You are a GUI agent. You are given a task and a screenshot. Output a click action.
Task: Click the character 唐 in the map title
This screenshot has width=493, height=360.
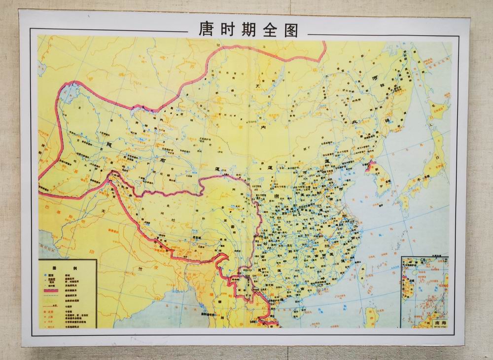206,30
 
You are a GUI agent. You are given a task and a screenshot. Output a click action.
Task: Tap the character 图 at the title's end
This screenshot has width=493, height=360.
290,30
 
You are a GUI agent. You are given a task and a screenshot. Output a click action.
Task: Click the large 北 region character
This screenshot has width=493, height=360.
353,122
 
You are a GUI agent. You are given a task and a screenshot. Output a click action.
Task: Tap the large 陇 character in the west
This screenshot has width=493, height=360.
109,144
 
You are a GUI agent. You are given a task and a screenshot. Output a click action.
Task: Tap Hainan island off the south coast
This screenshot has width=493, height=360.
297,312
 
